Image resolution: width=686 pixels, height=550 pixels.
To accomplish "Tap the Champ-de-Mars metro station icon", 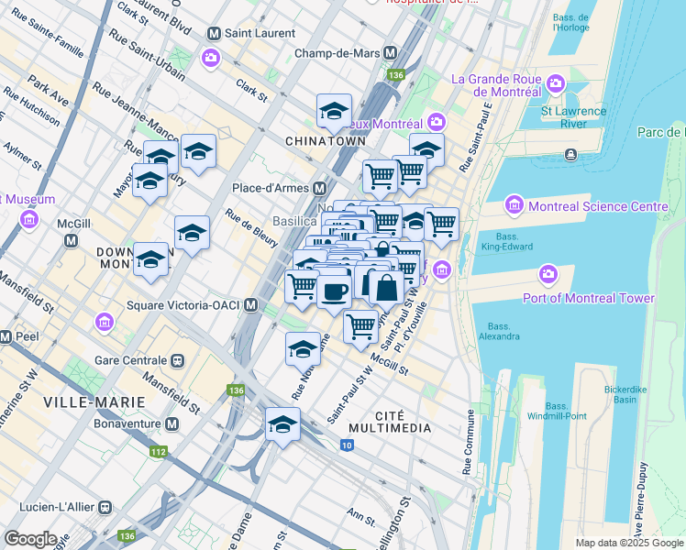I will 391,53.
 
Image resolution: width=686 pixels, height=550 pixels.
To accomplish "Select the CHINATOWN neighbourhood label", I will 326,141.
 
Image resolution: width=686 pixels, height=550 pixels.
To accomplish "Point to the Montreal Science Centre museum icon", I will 514,206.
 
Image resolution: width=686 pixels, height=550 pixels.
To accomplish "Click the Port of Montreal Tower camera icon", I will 548,274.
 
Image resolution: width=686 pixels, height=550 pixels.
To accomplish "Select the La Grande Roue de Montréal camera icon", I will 555,86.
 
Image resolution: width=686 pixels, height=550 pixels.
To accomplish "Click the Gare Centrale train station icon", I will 176,362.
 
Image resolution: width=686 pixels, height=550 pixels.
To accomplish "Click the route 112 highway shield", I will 159,452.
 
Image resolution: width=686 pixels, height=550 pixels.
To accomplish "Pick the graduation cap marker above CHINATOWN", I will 334,112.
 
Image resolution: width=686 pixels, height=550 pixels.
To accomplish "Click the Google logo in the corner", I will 30,539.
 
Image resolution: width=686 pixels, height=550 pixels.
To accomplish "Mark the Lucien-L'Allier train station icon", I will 105,506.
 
